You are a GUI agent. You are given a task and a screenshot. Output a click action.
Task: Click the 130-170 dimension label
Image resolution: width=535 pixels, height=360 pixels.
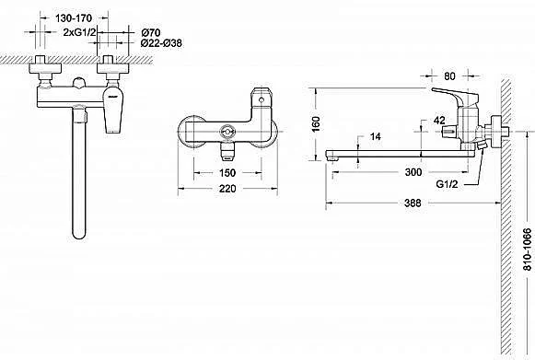click(x=74, y=18)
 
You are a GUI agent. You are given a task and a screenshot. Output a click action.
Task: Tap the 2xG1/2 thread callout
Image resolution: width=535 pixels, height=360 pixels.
click(x=80, y=32)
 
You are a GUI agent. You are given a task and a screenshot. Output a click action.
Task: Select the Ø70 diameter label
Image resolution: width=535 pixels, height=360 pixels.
click(x=150, y=33)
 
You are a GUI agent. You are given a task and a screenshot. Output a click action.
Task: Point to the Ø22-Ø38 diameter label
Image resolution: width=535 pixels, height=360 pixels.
click(x=161, y=43)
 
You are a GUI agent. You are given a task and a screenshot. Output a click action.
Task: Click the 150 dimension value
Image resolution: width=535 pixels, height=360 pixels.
click(x=227, y=173)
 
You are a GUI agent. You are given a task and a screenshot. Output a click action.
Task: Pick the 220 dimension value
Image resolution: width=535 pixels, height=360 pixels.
click(x=227, y=189)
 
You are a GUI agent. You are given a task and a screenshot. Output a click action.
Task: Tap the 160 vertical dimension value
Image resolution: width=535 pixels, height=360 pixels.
click(x=316, y=124)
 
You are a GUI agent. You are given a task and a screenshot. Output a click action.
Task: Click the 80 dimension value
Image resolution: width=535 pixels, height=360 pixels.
click(x=449, y=76)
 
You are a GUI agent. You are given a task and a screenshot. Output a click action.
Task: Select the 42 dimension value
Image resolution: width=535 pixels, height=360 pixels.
click(x=439, y=120)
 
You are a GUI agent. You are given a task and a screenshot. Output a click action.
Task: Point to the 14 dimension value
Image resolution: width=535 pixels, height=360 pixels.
click(x=376, y=137)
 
